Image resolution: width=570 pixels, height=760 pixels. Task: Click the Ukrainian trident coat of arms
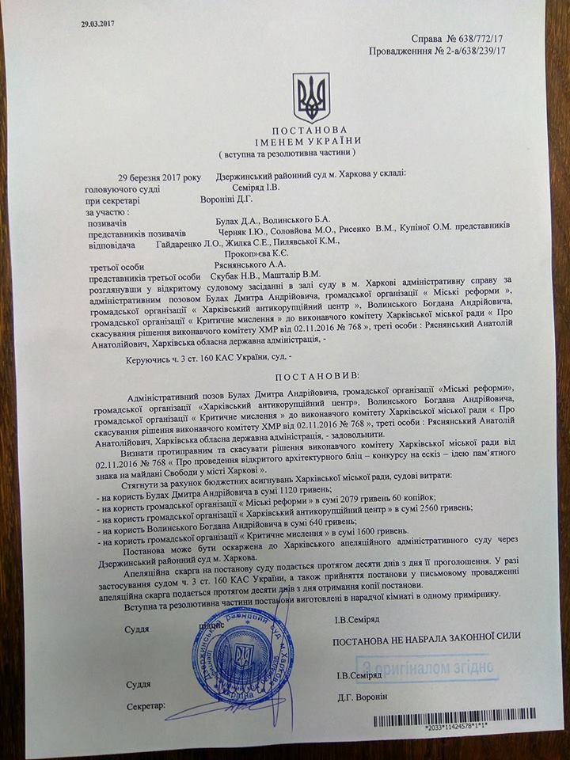pyautogui.click(x=311, y=97)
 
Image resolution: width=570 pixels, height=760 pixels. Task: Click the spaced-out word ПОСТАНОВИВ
pyautogui.click(x=306, y=371)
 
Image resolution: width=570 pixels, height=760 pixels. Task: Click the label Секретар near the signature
pyautogui.click(x=148, y=704)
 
